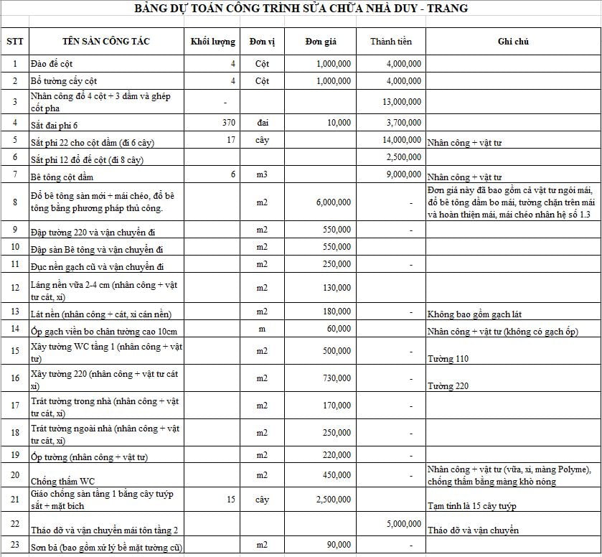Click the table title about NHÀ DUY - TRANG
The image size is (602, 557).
301,9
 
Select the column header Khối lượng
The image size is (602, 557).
213,42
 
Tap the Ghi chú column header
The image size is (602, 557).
513,42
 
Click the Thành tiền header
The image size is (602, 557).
391,42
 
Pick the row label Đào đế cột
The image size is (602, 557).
52,64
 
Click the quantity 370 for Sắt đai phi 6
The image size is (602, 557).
229,123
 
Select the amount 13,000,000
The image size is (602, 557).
402,102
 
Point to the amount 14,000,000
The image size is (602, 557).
402,139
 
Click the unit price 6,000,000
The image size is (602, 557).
334,203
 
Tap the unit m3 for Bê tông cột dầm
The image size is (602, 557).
262,174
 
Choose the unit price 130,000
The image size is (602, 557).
337,288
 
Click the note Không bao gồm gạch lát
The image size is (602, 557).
475,314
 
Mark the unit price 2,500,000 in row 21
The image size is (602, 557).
334,499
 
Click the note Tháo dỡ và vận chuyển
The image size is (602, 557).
473,530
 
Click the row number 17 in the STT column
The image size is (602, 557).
15,406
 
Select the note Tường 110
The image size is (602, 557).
448,358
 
